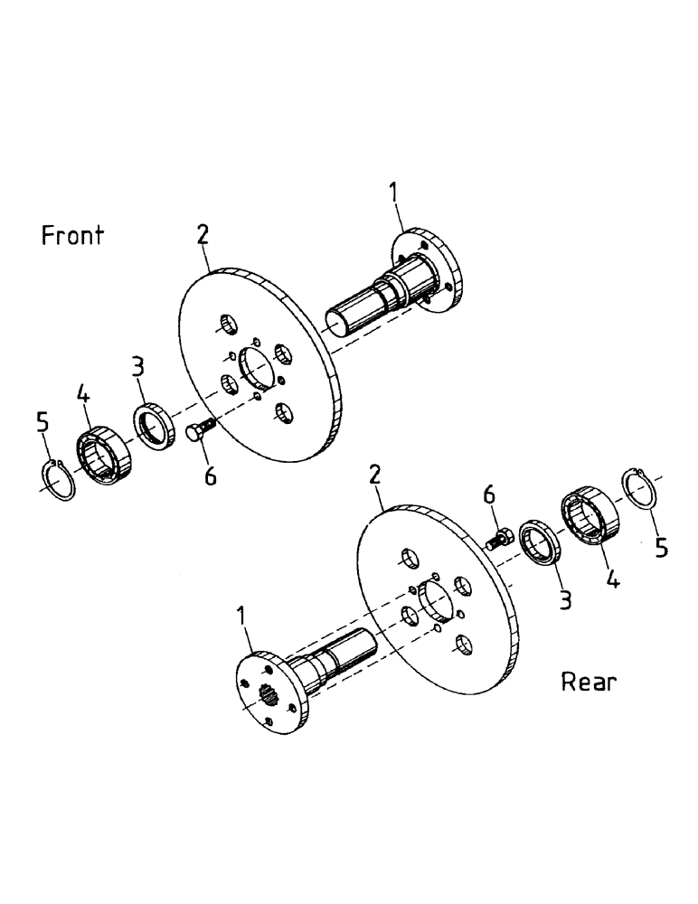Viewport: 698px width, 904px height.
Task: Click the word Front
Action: click(72, 236)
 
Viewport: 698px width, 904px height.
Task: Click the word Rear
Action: click(589, 682)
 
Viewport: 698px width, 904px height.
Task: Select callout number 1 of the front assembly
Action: click(394, 191)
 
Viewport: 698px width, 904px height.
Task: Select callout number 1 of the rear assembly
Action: click(241, 617)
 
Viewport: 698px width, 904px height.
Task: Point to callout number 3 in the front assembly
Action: click(137, 367)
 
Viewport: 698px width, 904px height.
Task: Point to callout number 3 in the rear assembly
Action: click(565, 598)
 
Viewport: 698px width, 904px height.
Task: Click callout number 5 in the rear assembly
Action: click(662, 548)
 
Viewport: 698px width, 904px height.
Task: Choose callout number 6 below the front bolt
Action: click(210, 475)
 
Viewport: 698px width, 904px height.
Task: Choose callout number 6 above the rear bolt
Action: click(489, 494)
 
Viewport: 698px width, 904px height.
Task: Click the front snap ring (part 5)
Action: click(61, 480)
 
